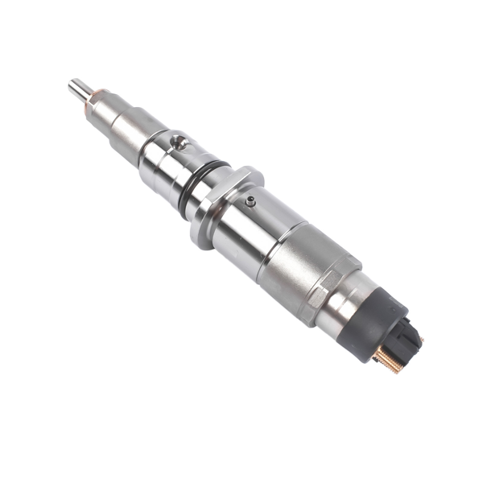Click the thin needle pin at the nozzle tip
coord(79,88)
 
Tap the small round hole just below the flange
coord(251,201)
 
